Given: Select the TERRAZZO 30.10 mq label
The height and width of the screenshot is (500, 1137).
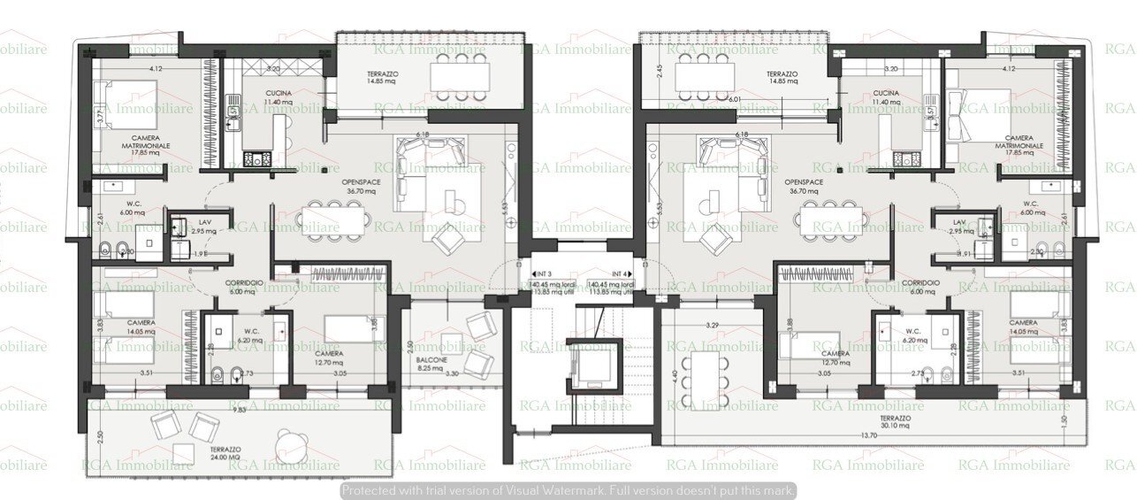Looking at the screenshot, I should point(897,419).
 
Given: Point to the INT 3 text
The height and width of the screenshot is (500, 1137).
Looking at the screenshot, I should point(541,274).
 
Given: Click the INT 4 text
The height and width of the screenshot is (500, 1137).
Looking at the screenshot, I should point(622,274).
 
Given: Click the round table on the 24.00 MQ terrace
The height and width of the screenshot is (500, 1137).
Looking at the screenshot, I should point(289,443).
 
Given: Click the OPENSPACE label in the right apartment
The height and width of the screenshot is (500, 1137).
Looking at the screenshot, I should point(802,181).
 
